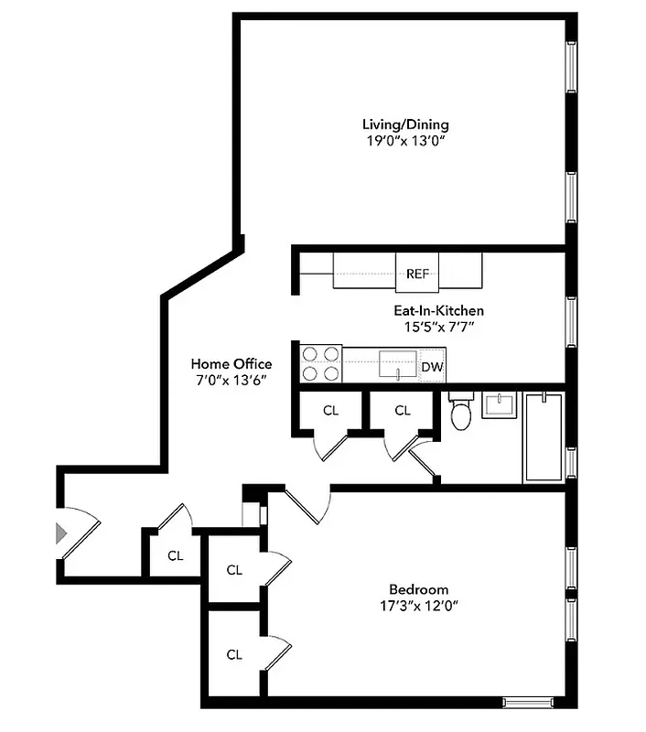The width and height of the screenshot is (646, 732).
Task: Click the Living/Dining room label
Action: point(405,124)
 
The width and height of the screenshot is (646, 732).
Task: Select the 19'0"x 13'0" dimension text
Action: point(405,141)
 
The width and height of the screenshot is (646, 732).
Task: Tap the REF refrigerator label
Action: point(418,274)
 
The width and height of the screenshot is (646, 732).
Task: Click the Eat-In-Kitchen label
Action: point(433,310)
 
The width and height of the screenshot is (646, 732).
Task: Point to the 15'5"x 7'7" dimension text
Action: point(433,327)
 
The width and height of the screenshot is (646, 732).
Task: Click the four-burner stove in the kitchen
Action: point(320,363)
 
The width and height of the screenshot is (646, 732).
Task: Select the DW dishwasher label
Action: point(432,368)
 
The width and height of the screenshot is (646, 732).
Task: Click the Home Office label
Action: point(231,363)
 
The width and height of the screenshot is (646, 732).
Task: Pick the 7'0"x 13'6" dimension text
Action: point(231,380)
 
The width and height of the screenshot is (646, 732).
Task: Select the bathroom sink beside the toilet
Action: point(499,404)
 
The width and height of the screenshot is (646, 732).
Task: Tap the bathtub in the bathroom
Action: point(544,436)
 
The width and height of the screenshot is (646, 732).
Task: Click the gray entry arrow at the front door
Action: point(62,533)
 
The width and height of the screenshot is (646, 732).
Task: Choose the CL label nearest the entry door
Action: point(175,554)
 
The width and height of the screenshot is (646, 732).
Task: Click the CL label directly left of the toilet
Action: point(403,411)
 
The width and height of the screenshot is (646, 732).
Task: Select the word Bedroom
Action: point(418,589)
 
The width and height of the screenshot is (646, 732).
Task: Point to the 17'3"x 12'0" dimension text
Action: point(418,606)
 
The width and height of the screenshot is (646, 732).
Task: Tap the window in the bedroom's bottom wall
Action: point(531,703)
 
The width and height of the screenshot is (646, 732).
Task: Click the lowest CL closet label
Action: point(234,654)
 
